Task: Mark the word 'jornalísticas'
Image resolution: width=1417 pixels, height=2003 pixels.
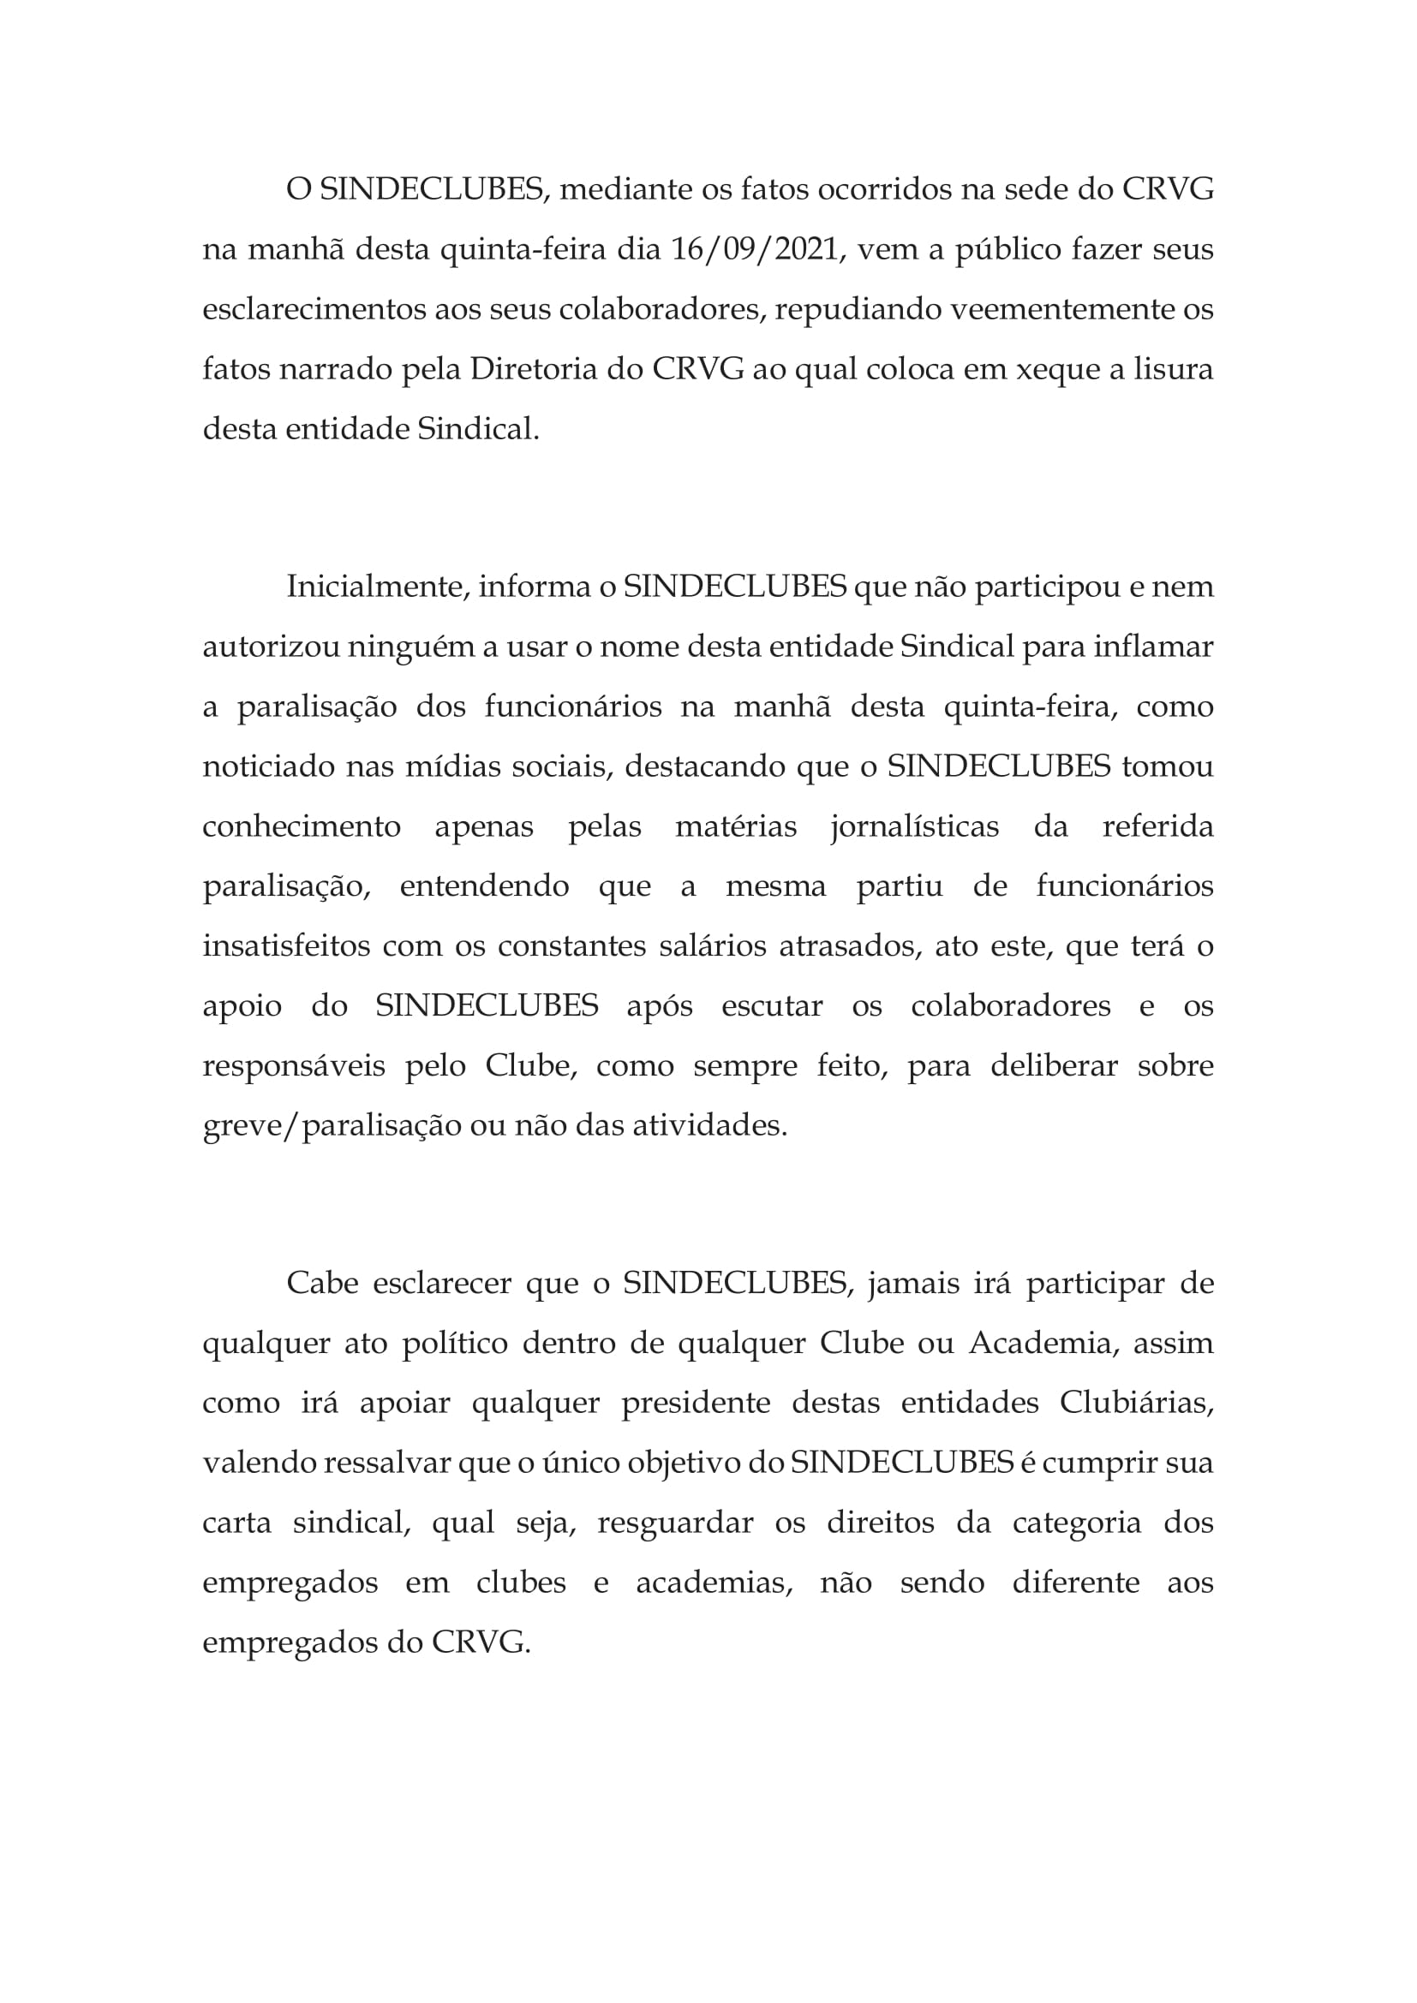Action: pos(915,827)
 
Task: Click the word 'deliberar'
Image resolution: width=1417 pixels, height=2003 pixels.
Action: pos(1053,1066)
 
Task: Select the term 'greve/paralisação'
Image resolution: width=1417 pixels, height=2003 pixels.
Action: pos(332,1126)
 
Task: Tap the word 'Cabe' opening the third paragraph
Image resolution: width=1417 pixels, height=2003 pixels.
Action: pos(323,1284)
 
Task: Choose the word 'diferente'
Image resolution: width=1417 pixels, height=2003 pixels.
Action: pos(1075,1583)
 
